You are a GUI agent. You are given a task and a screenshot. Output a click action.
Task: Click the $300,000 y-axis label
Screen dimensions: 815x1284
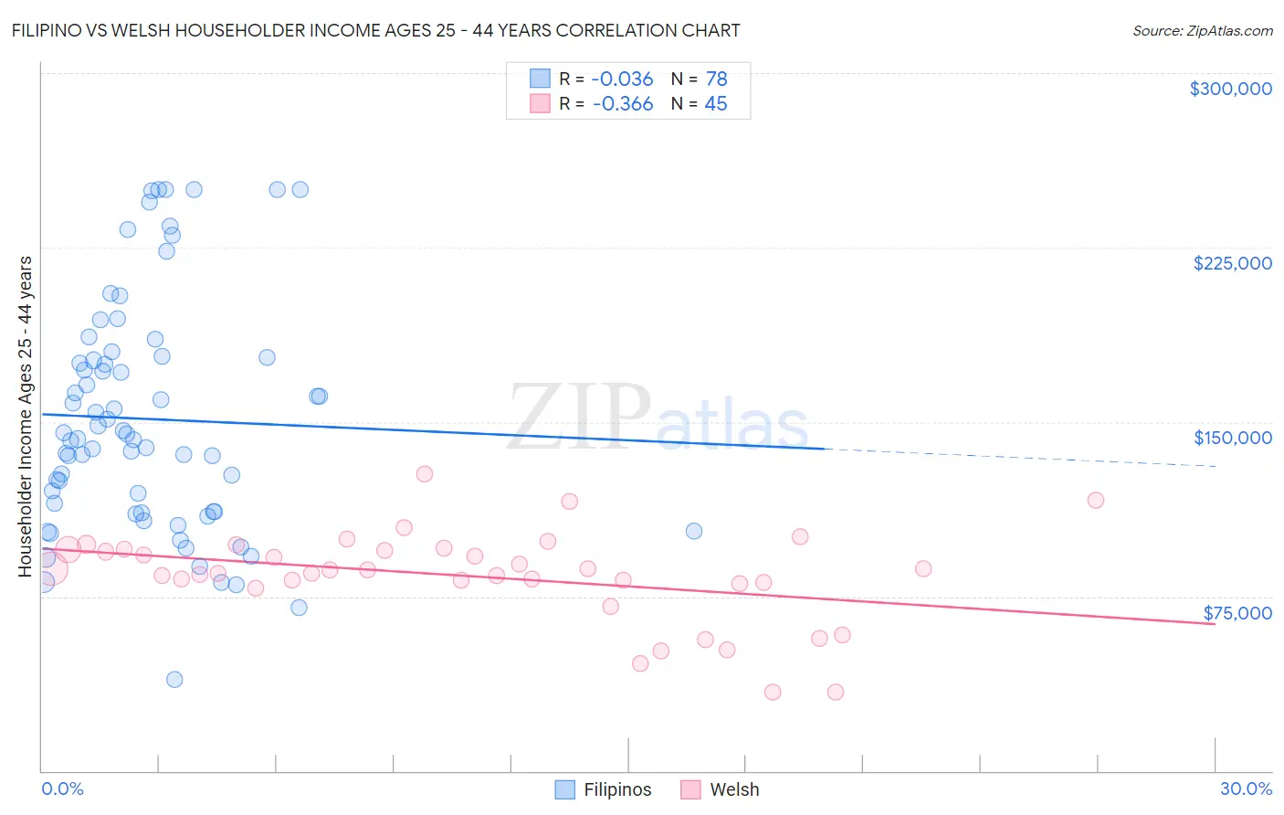tap(1230, 89)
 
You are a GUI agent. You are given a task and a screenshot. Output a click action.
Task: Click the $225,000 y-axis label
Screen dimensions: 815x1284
tap(1232, 263)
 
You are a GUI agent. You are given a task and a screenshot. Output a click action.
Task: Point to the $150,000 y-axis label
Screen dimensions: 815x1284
tap(1232, 438)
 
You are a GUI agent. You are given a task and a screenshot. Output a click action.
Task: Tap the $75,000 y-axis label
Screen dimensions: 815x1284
tap(1237, 613)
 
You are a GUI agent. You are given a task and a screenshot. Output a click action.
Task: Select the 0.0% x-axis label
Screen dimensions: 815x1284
tap(63, 789)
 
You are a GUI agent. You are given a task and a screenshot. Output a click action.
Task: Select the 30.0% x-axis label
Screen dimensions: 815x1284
tap(1246, 789)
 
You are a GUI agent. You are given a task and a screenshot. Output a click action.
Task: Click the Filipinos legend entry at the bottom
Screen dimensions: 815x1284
tap(604, 789)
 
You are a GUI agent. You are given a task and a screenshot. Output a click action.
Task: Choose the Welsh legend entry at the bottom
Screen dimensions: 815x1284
tap(720, 789)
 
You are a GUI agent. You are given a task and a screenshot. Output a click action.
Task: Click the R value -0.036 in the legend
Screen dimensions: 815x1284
tap(623, 79)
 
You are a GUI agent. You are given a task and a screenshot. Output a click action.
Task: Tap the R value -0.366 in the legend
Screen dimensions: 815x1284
tap(623, 104)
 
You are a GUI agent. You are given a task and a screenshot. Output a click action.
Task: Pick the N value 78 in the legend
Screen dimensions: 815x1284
tap(716, 79)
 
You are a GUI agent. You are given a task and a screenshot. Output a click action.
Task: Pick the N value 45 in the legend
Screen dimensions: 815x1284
tap(716, 104)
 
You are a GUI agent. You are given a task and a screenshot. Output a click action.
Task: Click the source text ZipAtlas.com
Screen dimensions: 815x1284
tap(1229, 31)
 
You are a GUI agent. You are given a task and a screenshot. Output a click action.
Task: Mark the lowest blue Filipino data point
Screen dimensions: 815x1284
tap(174, 679)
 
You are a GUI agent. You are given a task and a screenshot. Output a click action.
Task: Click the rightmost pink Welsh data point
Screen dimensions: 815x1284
tap(1096, 500)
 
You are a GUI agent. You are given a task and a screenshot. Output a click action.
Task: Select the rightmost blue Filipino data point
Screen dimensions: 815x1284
tap(694, 531)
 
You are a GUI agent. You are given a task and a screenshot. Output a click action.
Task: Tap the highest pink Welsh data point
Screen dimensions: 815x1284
tap(424, 473)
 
